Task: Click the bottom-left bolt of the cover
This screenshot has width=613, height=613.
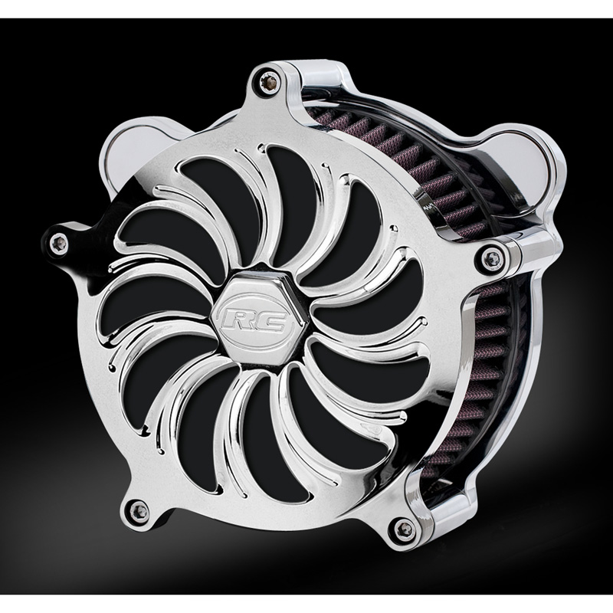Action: pos(135,506)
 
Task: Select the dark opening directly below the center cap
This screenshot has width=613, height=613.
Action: pos(253,406)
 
